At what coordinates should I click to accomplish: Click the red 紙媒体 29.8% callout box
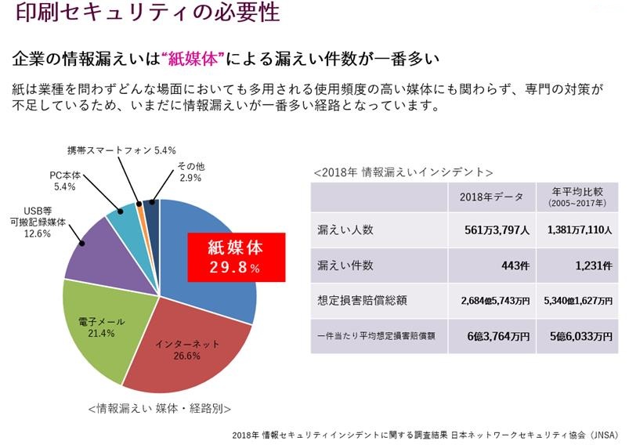tap(234, 258)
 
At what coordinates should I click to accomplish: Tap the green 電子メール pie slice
tap(98, 329)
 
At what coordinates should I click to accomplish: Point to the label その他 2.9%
tap(190, 172)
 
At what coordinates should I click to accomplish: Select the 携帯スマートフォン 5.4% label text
tap(121, 150)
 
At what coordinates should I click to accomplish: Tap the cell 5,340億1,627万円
tap(577, 301)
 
